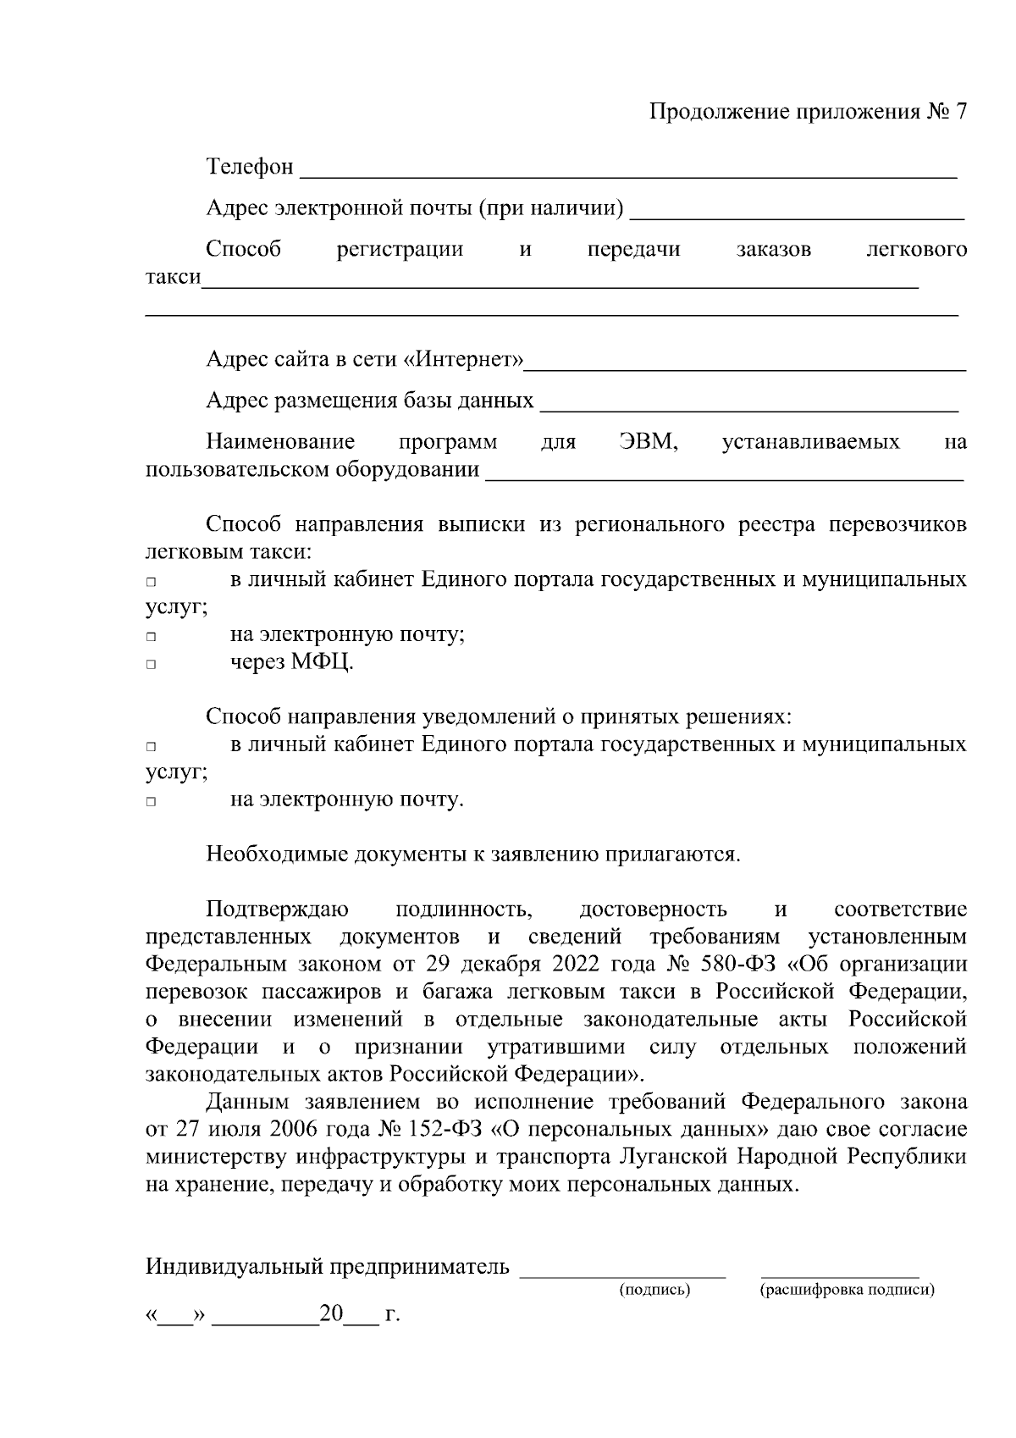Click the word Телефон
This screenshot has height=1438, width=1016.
[x=250, y=167]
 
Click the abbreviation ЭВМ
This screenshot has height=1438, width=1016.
[x=649, y=442]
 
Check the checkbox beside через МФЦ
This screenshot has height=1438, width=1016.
[x=151, y=665]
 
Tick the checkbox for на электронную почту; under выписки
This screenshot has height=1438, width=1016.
[x=151, y=637]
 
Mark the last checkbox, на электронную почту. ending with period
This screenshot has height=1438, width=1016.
[x=151, y=802]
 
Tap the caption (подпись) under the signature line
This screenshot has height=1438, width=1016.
[x=654, y=1290]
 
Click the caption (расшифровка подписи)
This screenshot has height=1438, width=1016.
[x=847, y=1290]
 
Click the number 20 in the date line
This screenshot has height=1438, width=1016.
[x=331, y=1314]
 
